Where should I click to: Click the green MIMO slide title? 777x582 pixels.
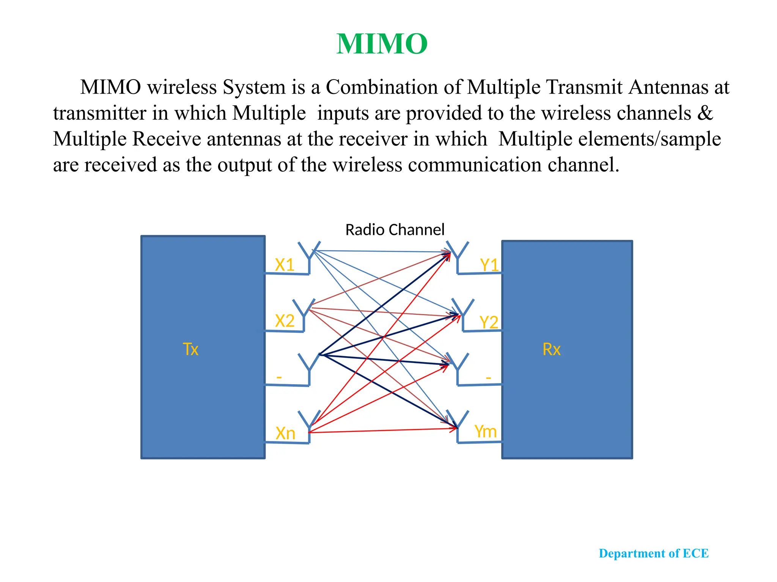[382, 44]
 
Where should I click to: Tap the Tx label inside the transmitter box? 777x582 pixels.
[190, 349]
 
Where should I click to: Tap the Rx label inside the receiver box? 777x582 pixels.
[551, 349]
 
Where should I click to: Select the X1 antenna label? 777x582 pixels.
[285, 265]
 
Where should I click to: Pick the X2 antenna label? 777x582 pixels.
[285, 321]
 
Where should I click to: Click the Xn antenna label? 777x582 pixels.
[285, 433]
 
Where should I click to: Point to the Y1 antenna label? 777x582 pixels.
[489, 265]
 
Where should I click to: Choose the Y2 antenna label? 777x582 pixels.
[489, 322]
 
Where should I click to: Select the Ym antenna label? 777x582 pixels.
[485, 431]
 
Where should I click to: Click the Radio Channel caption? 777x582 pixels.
[395, 230]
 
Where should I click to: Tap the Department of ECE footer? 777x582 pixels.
[653, 553]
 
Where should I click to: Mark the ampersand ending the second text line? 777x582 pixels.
[705, 113]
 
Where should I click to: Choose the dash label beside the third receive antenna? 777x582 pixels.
[488, 378]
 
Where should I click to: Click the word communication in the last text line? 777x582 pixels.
[475, 165]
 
